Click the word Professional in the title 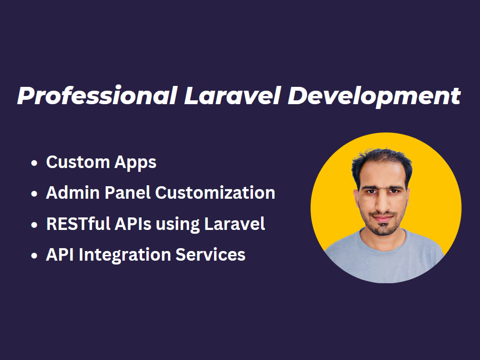click(x=96, y=96)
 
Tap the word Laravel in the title click(x=232, y=96)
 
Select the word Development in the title click(x=374, y=96)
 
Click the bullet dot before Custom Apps click(x=34, y=163)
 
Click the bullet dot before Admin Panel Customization click(x=34, y=194)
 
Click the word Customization click(x=216, y=193)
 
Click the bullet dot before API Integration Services click(x=34, y=255)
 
